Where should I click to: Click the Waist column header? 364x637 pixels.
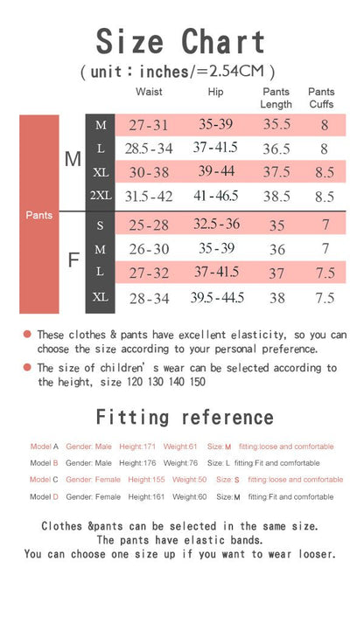[x=149, y=93]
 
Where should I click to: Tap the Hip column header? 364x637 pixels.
[x=216, y=93]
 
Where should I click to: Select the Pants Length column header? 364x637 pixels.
[x=276, y=98]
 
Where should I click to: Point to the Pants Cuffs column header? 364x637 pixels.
[x=321, y=98]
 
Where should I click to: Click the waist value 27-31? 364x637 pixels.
[x=149, y=125]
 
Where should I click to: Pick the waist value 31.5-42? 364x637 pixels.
[x=149, y=196]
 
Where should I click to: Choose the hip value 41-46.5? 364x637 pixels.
[x=216, y=196]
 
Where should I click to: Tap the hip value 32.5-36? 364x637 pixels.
[x=216, y=225]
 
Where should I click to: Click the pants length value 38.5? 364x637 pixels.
[x=276, y=196]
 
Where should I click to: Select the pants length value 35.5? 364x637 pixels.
[x=276, y=125]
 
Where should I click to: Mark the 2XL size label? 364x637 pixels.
[x=100, y=196]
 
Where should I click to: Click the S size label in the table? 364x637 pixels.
[x=100, y=225]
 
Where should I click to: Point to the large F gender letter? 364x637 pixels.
[x=73, y=260]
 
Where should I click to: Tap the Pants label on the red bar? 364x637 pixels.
[x=38, y=215]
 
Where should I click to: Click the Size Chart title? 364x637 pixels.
[x=181, y=41]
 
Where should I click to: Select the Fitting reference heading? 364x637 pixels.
[x=185, y=417]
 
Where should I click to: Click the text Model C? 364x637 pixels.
[x=43, y=480]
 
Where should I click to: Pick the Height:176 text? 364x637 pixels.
[x=137, y=463]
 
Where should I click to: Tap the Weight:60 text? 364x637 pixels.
[x=190, y=496]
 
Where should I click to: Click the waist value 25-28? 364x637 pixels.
[x=149, y=225]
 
